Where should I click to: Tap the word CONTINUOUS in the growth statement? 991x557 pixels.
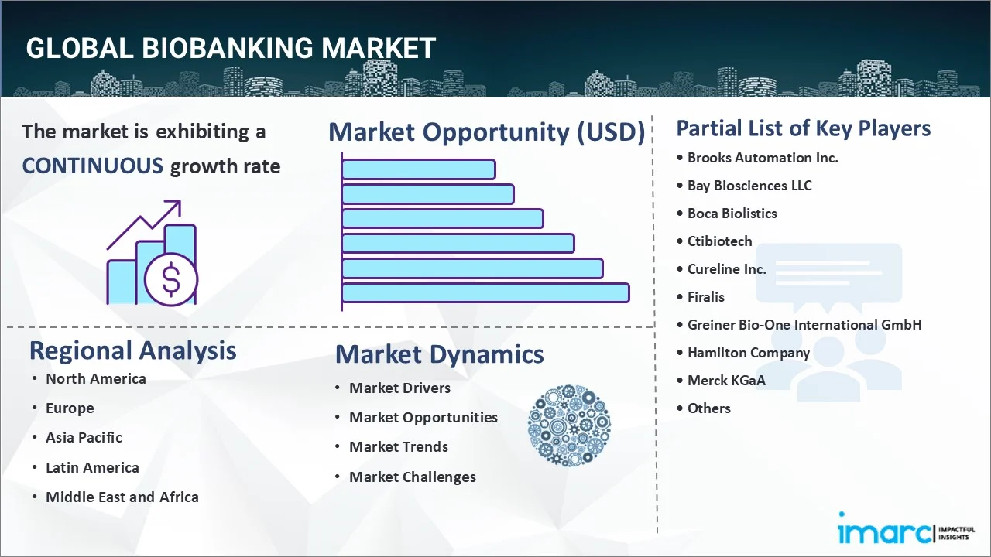(93, 166)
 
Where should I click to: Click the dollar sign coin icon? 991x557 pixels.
(171, 280)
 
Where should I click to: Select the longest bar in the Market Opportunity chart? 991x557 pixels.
(485, 292)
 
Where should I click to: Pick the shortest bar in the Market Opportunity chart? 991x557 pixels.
(419, 169)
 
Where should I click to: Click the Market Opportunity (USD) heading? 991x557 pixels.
(487, 132)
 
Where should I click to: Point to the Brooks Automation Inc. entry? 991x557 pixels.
(763, 158)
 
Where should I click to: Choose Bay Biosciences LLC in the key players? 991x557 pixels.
(749, 186)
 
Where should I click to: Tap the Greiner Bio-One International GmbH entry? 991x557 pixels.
(804, 325)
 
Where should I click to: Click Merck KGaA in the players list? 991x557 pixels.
(726, 381)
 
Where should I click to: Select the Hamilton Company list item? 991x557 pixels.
(749, 353)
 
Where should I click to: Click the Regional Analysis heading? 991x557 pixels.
(132, 351)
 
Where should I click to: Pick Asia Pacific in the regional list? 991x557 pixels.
(84, 438)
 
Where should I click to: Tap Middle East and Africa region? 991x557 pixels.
(122, 497)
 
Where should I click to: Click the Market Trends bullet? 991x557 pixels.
(399, 447)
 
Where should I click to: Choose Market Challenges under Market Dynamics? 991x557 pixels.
(413, 477)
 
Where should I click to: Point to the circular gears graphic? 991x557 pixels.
(569, 425)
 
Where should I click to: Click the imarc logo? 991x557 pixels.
(907, 529)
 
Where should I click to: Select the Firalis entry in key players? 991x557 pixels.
(705, 297)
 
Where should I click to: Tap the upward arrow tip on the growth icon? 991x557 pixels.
(180, 201)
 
